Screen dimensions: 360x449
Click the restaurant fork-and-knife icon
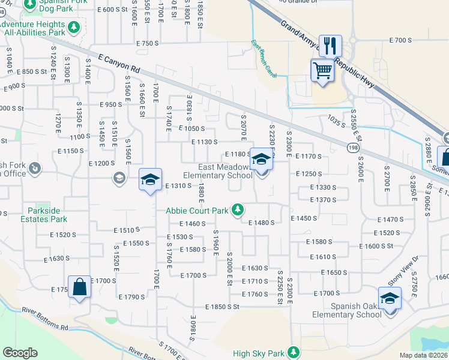(x=330, y=46)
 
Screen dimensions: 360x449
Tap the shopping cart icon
(x=322, y=71)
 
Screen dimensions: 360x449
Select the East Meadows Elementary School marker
(x=261, y=160)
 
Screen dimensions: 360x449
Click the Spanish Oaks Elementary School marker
(x=390, y=298)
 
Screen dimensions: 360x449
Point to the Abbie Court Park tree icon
(x=238, y=209)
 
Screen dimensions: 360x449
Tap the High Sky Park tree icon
(x=294, y=352)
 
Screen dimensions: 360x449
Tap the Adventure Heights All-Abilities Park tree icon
(x=74, y=27)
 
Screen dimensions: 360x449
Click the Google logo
(x=20, y=353)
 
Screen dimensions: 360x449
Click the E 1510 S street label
(x=127, y=229)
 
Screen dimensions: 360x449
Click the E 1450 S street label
(x=304, y=218)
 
